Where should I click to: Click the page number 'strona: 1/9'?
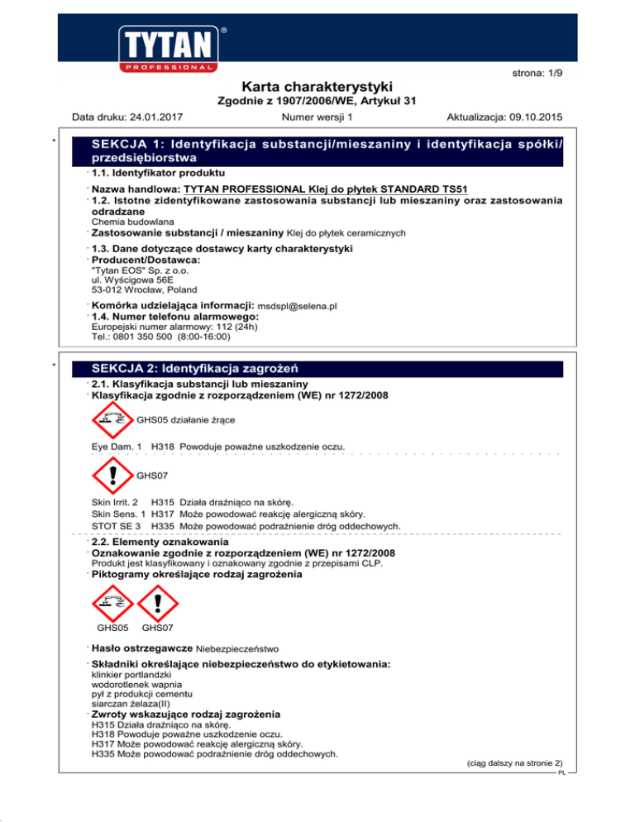coord(537,73)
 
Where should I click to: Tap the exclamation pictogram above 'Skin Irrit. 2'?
coord(113,476)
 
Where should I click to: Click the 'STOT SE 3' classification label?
coord(116,526)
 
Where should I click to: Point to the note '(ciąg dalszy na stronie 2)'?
coord(513,764)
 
